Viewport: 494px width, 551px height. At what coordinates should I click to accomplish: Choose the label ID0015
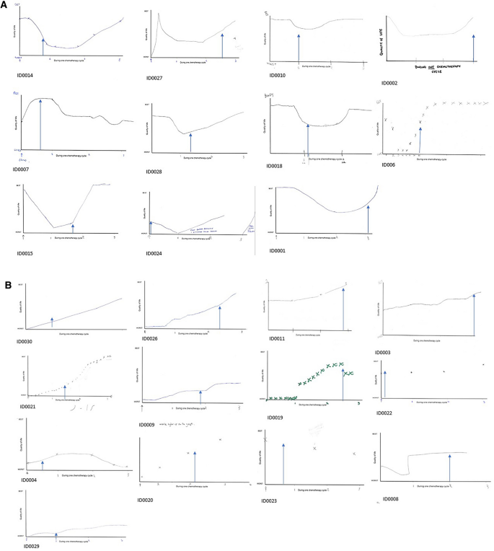pyautogui.click(x=26, y=253)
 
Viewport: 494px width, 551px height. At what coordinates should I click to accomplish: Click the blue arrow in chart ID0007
pyautogui.click(x=40, y=125)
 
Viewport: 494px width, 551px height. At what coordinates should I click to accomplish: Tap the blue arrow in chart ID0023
pyautogui.click(x=283, y=462)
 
